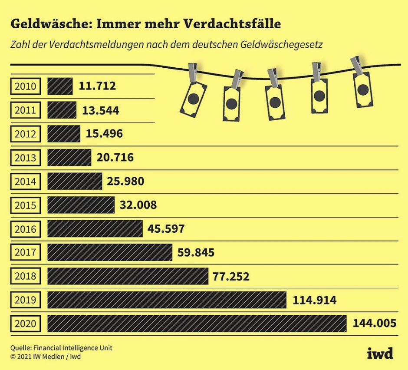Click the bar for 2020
point(197,324)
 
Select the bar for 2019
point(167,300)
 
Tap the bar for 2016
point(95,228)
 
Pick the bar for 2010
point(60,86)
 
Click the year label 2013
point(26,157)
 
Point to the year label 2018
point(26,276)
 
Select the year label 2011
point(26,110)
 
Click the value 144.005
point(375,324)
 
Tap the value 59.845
point(196,252)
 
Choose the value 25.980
point(125,181)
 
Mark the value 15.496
point(104,134)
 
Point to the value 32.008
point(138,205)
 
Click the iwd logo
point(380,353)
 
